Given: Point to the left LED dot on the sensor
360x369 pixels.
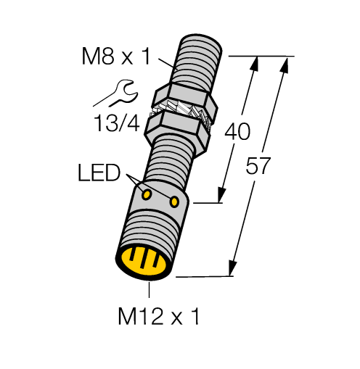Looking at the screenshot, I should click(147, 194).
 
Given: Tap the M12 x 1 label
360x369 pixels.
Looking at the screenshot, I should click(150, 316).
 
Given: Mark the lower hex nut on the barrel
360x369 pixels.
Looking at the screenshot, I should click(175, 128).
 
